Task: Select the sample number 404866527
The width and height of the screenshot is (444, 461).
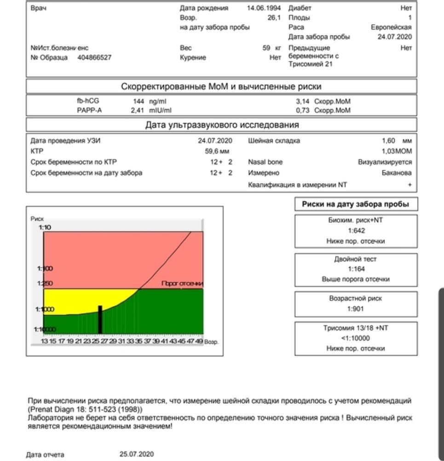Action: click(94, 58)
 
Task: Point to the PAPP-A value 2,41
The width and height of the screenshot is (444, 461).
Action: click(137, 110)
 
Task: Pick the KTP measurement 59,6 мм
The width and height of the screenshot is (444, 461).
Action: click(217, 151)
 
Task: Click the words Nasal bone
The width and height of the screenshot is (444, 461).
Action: click(265, 162)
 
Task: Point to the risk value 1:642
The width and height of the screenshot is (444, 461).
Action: click(356, 230)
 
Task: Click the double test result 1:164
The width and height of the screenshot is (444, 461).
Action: click(356, 269)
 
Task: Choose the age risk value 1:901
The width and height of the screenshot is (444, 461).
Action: click(356, 308)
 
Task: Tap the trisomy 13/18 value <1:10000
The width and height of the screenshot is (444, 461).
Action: click(356, 338)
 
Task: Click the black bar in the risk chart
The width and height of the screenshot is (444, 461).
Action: click(100, 319)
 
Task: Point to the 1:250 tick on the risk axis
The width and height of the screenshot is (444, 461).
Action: click(44, 284)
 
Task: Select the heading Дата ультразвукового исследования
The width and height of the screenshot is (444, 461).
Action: click(222, 125)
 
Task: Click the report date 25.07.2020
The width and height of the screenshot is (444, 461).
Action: click(137, 454)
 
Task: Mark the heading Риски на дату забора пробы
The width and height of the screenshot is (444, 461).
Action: click(356, 204)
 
